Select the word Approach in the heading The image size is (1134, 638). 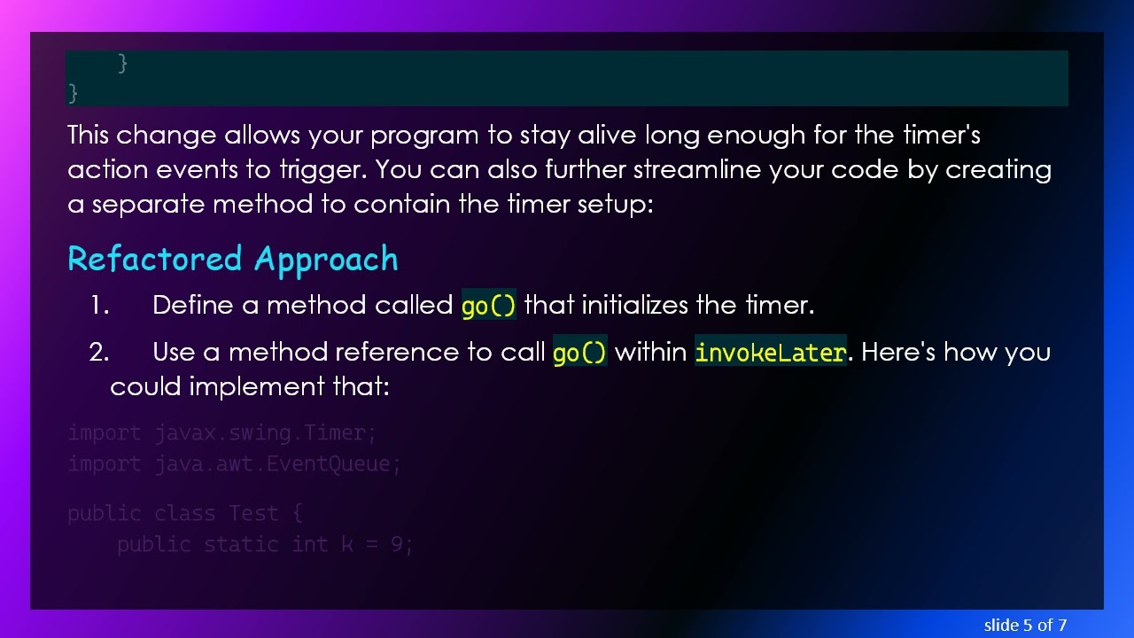(x=326, y=260)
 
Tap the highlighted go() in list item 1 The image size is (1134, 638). (x=488, y=306)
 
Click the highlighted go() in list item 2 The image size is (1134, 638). (x=579, y=353)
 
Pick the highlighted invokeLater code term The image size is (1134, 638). (x=770, y=353)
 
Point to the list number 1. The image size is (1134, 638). (x=99, y=306)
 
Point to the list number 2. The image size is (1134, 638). (x=99, y=353)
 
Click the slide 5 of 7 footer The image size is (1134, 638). (x=1025, y=625)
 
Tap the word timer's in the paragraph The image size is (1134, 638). (x=941, y=136)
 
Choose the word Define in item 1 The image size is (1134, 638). (x=193, y=306)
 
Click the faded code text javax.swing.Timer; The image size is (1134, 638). (x=266, y=433)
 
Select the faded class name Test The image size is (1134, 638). (x=253, y=514)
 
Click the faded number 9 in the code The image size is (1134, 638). (x=398, y=545)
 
